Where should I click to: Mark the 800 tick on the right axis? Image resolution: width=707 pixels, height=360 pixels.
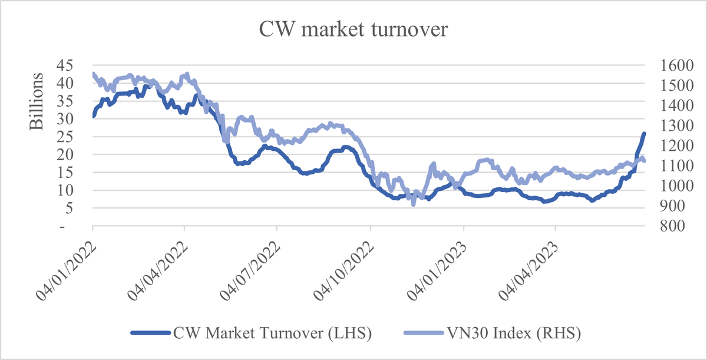[662, 226]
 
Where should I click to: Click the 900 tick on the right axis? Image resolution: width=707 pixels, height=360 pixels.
[662, 206]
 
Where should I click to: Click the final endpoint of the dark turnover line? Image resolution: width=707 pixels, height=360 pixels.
[644, 134]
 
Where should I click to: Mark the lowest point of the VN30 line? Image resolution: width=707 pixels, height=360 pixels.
[414, 204]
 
